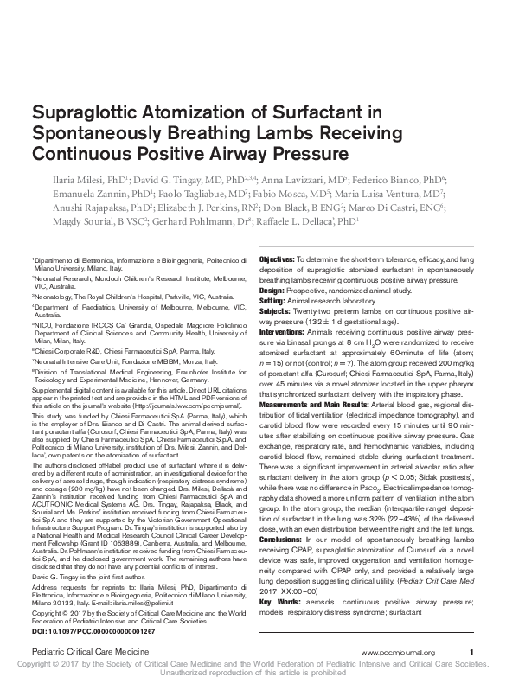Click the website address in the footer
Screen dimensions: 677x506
pyautogui.click(x=399, y=651)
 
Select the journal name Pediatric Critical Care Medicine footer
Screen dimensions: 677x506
pyautogui.click(x=84, y=651)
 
